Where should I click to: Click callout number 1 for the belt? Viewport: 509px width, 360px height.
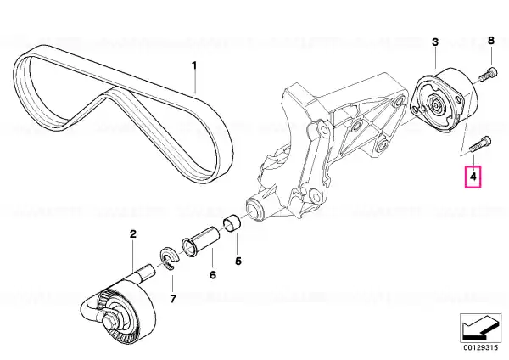coord(194,65)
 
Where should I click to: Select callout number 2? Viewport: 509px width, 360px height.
coord(133,234)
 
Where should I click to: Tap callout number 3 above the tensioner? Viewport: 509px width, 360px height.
coord(435,42)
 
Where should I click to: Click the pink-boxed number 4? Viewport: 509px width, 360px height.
coord(473,177)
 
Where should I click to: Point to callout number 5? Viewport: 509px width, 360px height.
coord(238,261)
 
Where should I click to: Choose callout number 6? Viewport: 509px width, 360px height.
coord(213,275)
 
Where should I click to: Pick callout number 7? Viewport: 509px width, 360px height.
coord(173,298)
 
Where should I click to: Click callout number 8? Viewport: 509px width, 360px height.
coord(491,41)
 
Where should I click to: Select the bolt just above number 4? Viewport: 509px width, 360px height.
coord(480,144)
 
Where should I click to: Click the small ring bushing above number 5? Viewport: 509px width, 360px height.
coord(232,225)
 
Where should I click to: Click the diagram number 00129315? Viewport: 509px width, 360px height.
coord(481,348)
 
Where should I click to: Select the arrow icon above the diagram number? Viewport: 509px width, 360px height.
coord(480,327)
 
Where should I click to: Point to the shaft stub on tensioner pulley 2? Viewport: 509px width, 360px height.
coord(144,272)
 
